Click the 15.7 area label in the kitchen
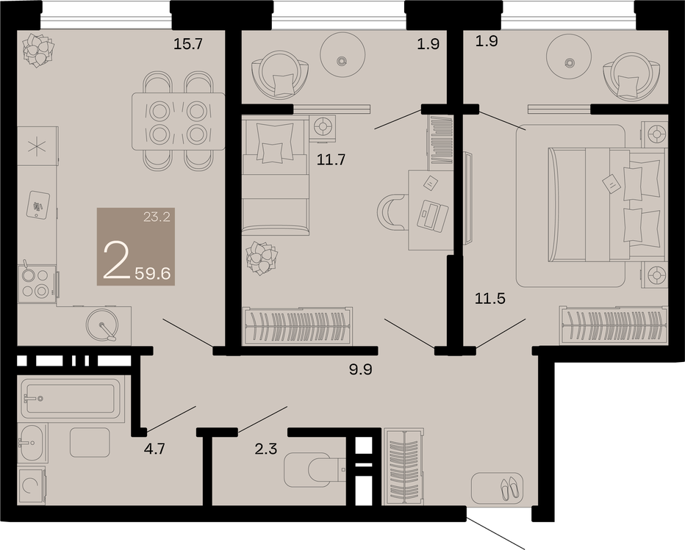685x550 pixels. pos(188,43)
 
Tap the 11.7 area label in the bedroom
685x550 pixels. pos(331,160)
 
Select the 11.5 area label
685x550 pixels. pos(490,299)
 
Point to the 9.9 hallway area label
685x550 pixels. pos(360,369)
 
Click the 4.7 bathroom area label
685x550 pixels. pos(154,448)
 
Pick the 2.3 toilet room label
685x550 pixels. pos(266,448)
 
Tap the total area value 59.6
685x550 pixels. pos(152,274)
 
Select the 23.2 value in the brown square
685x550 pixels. pos(157,216)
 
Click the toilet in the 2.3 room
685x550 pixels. pos(314,470)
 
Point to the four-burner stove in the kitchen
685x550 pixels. pos(37,283)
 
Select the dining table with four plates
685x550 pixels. pos(179,121)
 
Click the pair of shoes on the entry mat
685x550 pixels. pos(510,488)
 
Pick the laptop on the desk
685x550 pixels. pos(432,214)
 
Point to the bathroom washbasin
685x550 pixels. pos(32,443)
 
